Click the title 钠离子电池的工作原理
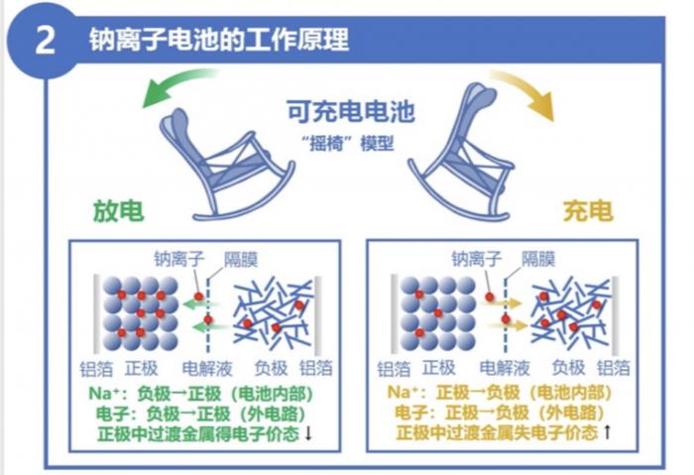pyautogui.click(x=217, y=41)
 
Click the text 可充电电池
pyautogui.click(x=351, y=111)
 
